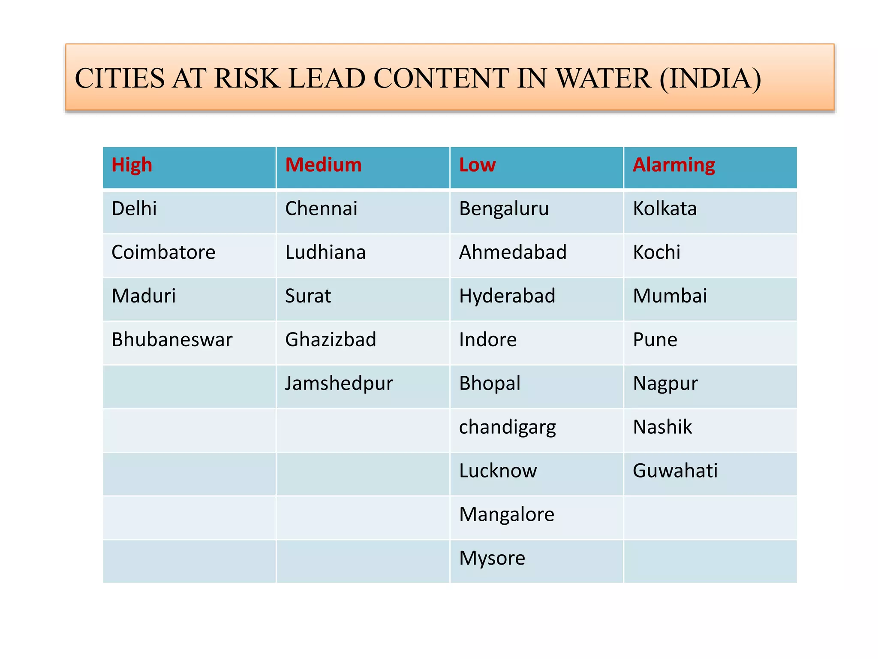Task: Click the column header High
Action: coord(132,165)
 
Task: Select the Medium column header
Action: coord(323,165)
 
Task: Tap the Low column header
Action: coord(477,165)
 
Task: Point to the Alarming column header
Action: coord(674,165)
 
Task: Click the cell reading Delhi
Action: coord(134,209)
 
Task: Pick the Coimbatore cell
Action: coord(163,252)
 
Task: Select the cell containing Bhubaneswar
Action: coord(172,340)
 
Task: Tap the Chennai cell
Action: coord(321,209)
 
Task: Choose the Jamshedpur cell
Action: coord(339,384)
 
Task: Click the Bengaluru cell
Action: coord(504,209)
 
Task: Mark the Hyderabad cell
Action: coord(507,296)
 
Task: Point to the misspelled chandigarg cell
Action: coord(507,427)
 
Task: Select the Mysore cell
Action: coord(492,558)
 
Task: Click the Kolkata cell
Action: coord(665,209)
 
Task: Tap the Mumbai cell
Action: coord(670,296)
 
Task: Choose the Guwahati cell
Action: coord(675,471)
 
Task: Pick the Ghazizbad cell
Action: coord(331,340)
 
